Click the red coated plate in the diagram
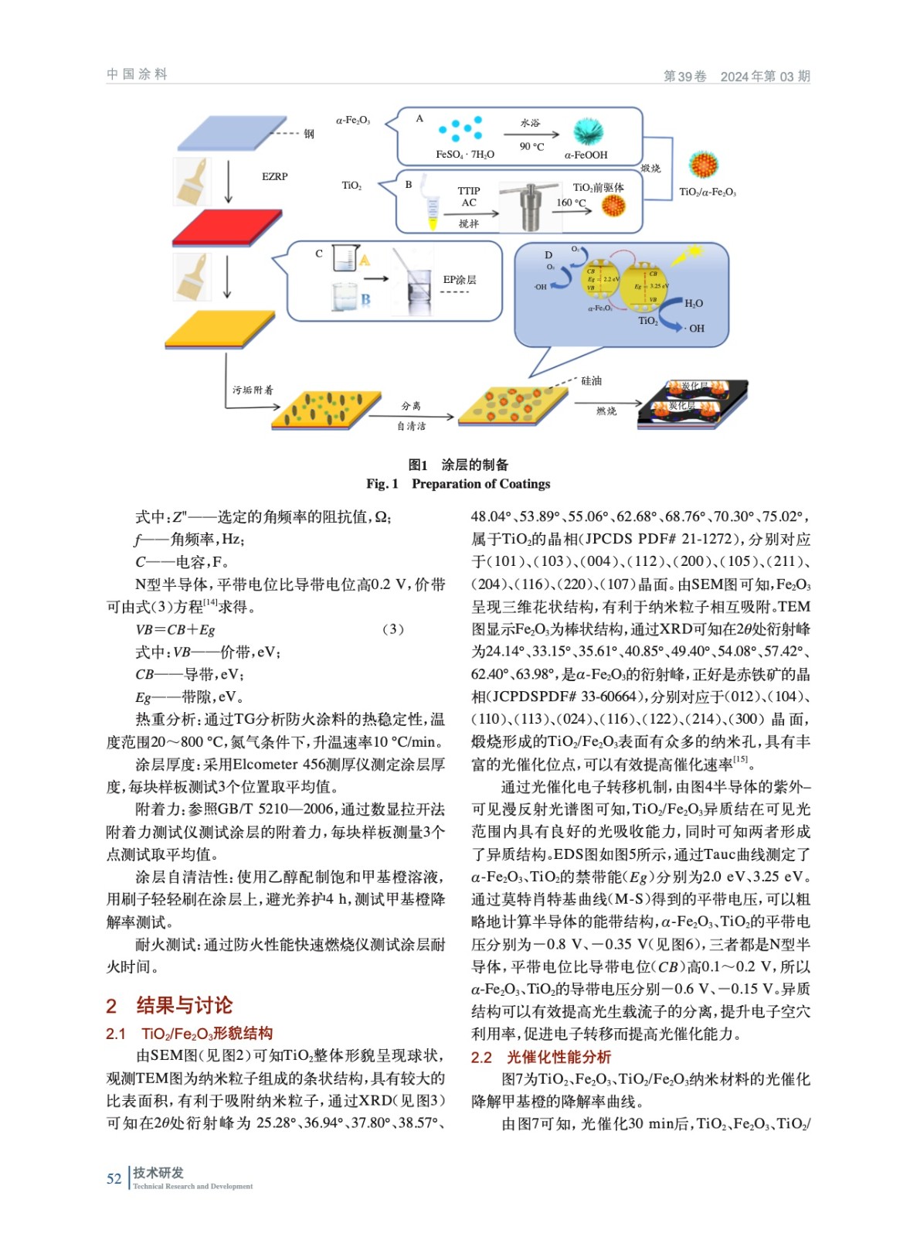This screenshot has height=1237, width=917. coord(223,227)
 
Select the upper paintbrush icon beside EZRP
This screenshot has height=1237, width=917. coord(192,181)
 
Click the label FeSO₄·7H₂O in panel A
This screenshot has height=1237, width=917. coord(464,155)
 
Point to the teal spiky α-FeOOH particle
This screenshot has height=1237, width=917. coord(588,132)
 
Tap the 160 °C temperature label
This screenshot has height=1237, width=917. coord(571,203)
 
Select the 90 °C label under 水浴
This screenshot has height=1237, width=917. coord(532,147)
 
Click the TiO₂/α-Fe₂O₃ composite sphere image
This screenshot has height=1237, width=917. coord(704,165)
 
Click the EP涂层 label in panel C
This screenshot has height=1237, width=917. coord(460,280)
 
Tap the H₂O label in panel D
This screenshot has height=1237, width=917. coord(694,304)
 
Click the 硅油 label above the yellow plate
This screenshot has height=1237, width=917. coord(591,381)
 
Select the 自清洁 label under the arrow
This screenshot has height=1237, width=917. coord(411,426)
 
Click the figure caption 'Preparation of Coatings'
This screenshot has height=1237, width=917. coord(481,484)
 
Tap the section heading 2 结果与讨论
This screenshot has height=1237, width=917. coord(169,1005)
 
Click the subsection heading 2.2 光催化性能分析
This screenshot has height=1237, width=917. coord(541,1057)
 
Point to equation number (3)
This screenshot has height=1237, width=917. coord(392,629)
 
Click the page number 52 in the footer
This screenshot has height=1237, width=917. coord(114,1179)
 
